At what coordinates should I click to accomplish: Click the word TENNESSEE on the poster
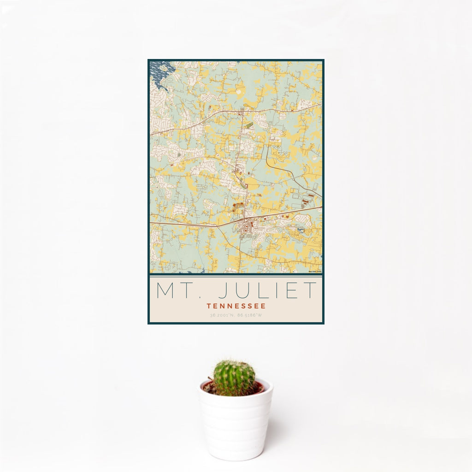[x=236, y=305]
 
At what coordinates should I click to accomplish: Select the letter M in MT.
[x=165, y=290]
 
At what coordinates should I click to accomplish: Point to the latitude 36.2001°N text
[x=222, y=315]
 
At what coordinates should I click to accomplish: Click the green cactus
[x=234, y=378]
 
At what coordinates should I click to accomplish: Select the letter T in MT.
[x=186, y=290]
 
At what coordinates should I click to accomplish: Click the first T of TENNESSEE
[x=209, y=305]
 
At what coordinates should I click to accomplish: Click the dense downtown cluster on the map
[x=249, y=227]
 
